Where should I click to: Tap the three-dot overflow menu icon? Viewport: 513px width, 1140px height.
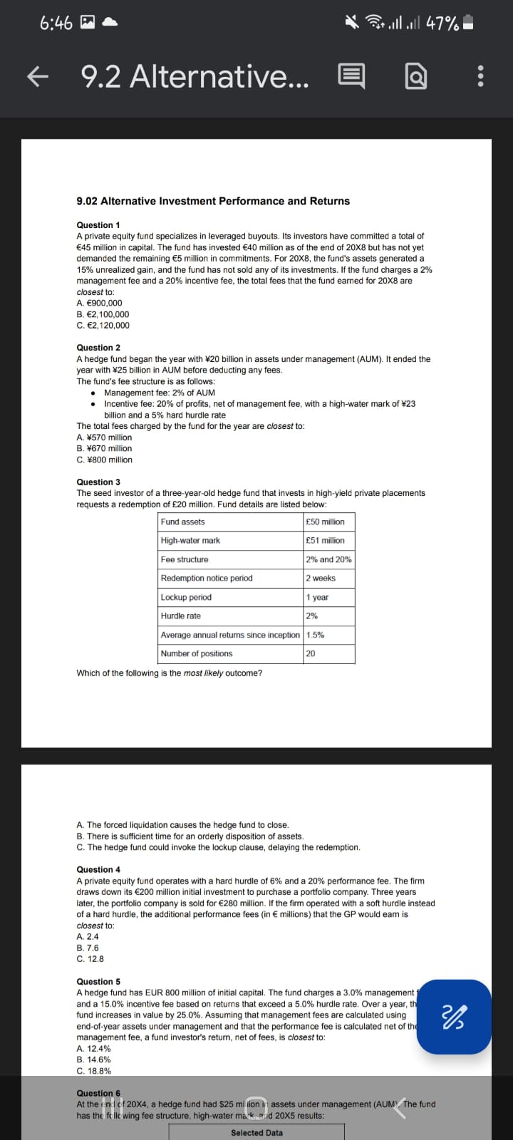[480, 76]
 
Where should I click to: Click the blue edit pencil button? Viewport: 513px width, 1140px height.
[454, 1017]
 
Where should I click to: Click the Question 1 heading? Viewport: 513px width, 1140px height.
[98, 225]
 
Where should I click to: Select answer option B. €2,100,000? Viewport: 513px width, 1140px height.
[103, 314]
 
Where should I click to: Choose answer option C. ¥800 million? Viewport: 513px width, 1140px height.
[104, 460]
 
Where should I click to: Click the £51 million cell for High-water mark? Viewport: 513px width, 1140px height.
[325, 541]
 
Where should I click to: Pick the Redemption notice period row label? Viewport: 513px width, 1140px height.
[207, 579]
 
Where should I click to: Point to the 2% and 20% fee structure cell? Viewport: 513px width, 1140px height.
[328, 559]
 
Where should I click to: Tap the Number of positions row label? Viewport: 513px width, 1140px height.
[197, 654]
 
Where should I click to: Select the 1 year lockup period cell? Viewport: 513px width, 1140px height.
[317, 597]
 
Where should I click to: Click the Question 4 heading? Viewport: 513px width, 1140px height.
[98, 870]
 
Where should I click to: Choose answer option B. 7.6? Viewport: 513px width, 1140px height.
[88, 948]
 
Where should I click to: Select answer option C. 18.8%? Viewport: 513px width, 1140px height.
[93, 1071]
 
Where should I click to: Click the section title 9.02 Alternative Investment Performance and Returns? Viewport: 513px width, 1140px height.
[213, 202]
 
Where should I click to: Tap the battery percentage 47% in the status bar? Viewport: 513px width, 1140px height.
[442, 24]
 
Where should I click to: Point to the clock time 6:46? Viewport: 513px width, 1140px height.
[56, 24]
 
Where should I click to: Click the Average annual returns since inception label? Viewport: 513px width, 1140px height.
[230, 635]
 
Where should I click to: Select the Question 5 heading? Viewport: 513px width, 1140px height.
[98, 982]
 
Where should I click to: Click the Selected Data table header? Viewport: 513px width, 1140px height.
[256, 1133]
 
